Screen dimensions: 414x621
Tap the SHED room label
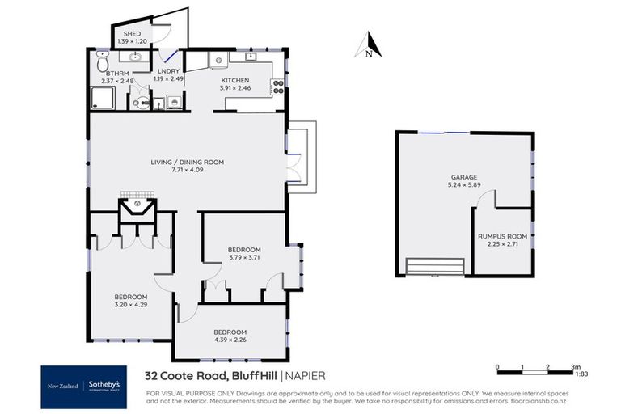pos(130,34)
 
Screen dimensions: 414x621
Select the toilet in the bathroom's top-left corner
pos(101,60)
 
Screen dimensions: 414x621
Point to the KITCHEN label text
pos(235,81)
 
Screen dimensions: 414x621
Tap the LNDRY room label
pos(167,73)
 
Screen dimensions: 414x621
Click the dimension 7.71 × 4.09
pos(187,170)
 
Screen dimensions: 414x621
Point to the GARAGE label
pos(464,176)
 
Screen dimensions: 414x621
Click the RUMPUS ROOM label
pos(502,236)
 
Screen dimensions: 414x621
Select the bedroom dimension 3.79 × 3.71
pos(244,257)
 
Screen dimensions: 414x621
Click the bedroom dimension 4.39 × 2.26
pos(230,340)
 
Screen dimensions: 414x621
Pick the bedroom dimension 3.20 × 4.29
pos(130,304)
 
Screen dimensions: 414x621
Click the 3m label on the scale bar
pos(575,366)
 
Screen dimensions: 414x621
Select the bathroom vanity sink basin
pos(133,57)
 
